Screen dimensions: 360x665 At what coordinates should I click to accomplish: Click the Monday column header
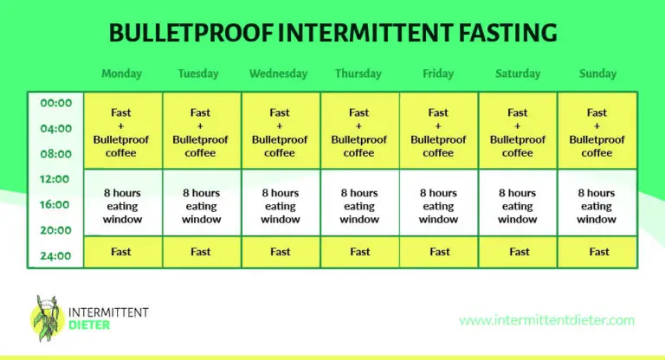(x=121, y=74)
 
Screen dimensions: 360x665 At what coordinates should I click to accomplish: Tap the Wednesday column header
(x=280, y=74)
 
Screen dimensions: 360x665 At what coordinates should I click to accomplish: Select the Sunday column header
(x=597, y=74)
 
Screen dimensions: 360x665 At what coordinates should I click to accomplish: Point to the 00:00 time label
(x=56, y=103)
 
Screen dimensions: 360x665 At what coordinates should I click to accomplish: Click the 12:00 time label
(x=56, y=179)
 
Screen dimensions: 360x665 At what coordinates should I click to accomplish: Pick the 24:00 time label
(x=56, y=255)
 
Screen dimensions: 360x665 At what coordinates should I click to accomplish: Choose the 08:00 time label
(x=56, y=154)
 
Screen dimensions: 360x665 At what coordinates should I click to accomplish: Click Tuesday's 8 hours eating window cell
(x=201, y=206)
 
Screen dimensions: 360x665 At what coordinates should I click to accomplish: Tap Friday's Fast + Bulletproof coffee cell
(x=439, y=132)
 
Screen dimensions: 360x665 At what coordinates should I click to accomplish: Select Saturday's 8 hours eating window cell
(x=518, y=206)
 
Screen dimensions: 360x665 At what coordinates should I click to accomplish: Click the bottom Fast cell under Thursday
(x=359, y=252)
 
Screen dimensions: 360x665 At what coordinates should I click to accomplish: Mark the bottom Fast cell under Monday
(x=121, y=252)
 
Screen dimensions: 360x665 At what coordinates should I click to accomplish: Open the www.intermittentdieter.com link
(x=546, y=320)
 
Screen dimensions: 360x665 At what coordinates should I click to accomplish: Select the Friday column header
(x=439, y=74)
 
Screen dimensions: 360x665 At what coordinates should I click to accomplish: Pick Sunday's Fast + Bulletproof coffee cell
(x=597, y=132)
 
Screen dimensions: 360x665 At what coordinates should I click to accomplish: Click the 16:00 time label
(x=56, y=205)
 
